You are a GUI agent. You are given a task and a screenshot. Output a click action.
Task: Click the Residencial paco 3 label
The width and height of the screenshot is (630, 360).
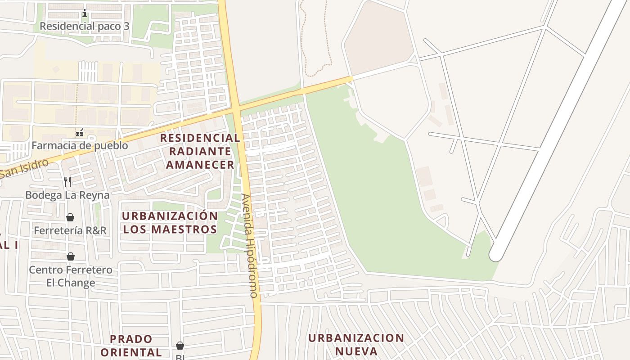click(84, 26)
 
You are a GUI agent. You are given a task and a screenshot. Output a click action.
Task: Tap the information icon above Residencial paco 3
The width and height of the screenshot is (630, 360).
click(84, 13)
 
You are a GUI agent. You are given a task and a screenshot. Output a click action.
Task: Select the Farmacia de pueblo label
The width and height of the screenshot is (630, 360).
click(80, 146)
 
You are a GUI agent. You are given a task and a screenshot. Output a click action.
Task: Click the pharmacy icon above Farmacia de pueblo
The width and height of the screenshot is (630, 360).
click(80, 133)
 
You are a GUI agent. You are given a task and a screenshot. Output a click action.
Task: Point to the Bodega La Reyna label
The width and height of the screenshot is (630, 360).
click(67, 195)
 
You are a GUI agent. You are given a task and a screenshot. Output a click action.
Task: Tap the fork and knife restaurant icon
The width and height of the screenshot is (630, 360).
click(67, 182)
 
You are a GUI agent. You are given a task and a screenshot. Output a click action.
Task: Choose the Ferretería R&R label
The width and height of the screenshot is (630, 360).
click(70, 230)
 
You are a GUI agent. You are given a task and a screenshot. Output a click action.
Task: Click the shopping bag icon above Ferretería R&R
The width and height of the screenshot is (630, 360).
click(70, 218)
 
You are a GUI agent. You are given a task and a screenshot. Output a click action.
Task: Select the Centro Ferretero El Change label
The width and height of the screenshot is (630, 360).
click(71, 276)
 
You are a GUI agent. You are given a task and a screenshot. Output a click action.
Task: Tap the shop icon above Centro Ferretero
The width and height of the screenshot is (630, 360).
click(71, 257)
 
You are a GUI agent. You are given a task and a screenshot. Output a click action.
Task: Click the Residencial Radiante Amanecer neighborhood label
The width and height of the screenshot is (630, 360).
click(200, 151)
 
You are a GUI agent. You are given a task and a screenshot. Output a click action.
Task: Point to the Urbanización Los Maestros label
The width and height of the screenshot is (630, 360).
click(170, 222)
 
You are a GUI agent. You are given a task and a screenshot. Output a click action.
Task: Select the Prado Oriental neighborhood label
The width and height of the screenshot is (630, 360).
click(131, 345)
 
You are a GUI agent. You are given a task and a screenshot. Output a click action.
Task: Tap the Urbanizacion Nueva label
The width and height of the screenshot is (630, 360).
click(356, 344)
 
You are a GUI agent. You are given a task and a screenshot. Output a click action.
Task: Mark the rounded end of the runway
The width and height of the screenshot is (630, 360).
click(495, 255)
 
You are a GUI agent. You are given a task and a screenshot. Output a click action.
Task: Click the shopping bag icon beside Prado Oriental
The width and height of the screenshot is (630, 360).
click(180, 346)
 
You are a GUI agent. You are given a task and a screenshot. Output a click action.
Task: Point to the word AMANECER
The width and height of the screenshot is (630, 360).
click(200, 165)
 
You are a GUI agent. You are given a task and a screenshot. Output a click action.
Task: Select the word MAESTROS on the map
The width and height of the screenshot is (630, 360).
click(184, 229)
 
